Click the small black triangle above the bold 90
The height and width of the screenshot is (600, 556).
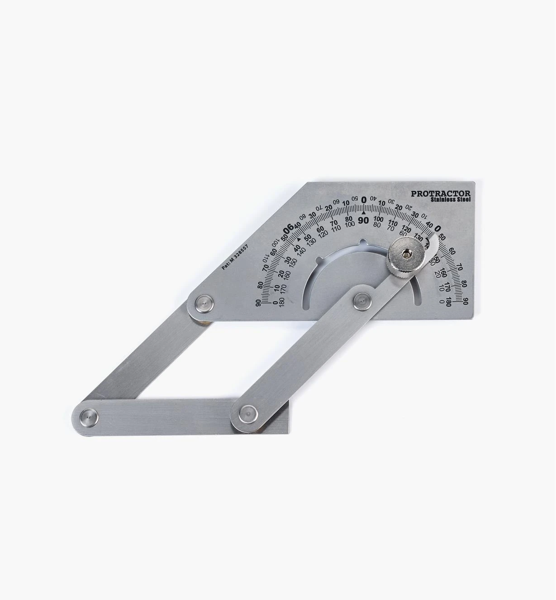coord(363,212)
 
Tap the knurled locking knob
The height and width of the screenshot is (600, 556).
coord(405,258)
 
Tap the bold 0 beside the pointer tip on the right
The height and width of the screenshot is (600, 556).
coord(437,229)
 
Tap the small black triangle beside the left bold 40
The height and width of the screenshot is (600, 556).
coord(299,238)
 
